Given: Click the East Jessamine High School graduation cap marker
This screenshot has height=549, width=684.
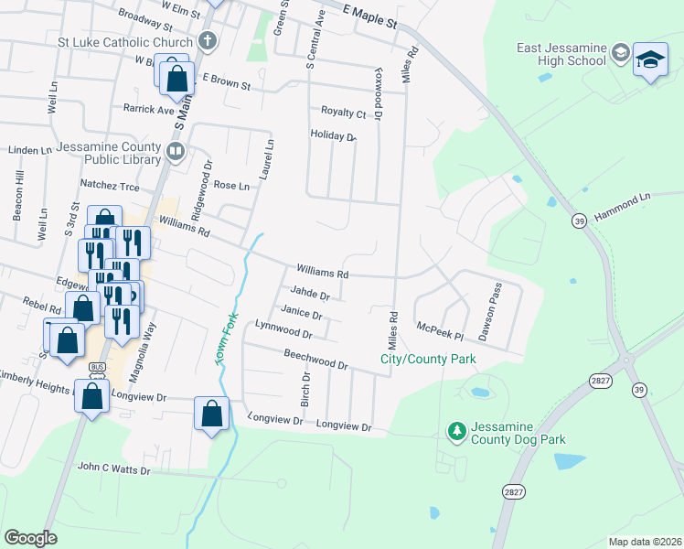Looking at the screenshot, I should pos(650,60).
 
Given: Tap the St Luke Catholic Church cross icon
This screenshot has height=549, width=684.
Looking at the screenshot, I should pos(208,41).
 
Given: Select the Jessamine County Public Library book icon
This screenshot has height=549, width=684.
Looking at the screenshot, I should pos(175,149).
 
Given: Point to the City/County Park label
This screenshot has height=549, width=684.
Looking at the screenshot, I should pos(428,360).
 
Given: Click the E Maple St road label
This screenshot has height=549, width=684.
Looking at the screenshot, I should pos(369,12).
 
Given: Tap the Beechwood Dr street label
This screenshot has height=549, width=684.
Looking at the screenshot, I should pos(315,359).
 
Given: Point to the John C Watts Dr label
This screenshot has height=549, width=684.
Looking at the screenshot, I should pos(112,468).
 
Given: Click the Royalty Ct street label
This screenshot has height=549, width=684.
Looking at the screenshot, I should pos(343,113).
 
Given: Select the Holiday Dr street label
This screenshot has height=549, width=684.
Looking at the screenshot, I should pos(332,135).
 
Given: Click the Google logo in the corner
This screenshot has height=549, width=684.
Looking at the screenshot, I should pos(30,538).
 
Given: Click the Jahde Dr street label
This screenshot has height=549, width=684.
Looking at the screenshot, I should pos(312,294).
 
